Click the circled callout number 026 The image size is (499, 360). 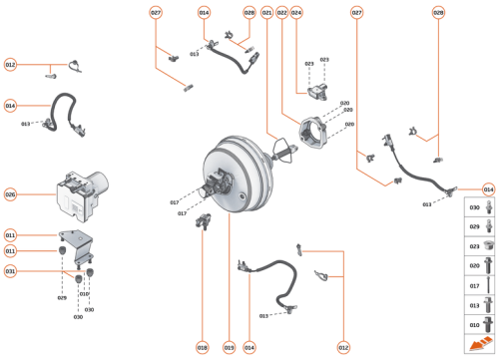(x=11, y=194)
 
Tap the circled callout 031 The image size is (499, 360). (x=11, y=270)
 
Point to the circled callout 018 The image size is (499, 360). (x=202, y=347)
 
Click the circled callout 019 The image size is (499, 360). (x=230, y=347)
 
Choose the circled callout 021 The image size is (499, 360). (x=266, y=13)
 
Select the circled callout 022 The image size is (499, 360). (x=281, y=13)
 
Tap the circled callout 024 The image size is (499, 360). (x=296, y=13)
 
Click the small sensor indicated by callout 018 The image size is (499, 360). (x=205, y=220)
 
